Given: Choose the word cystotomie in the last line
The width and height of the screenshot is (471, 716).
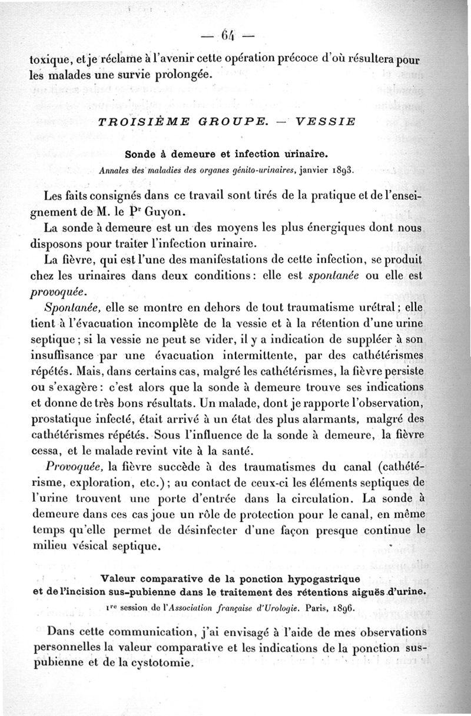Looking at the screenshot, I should click(x=158, y=661).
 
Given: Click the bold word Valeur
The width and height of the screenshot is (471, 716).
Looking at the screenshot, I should click(x=120, y=578).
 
